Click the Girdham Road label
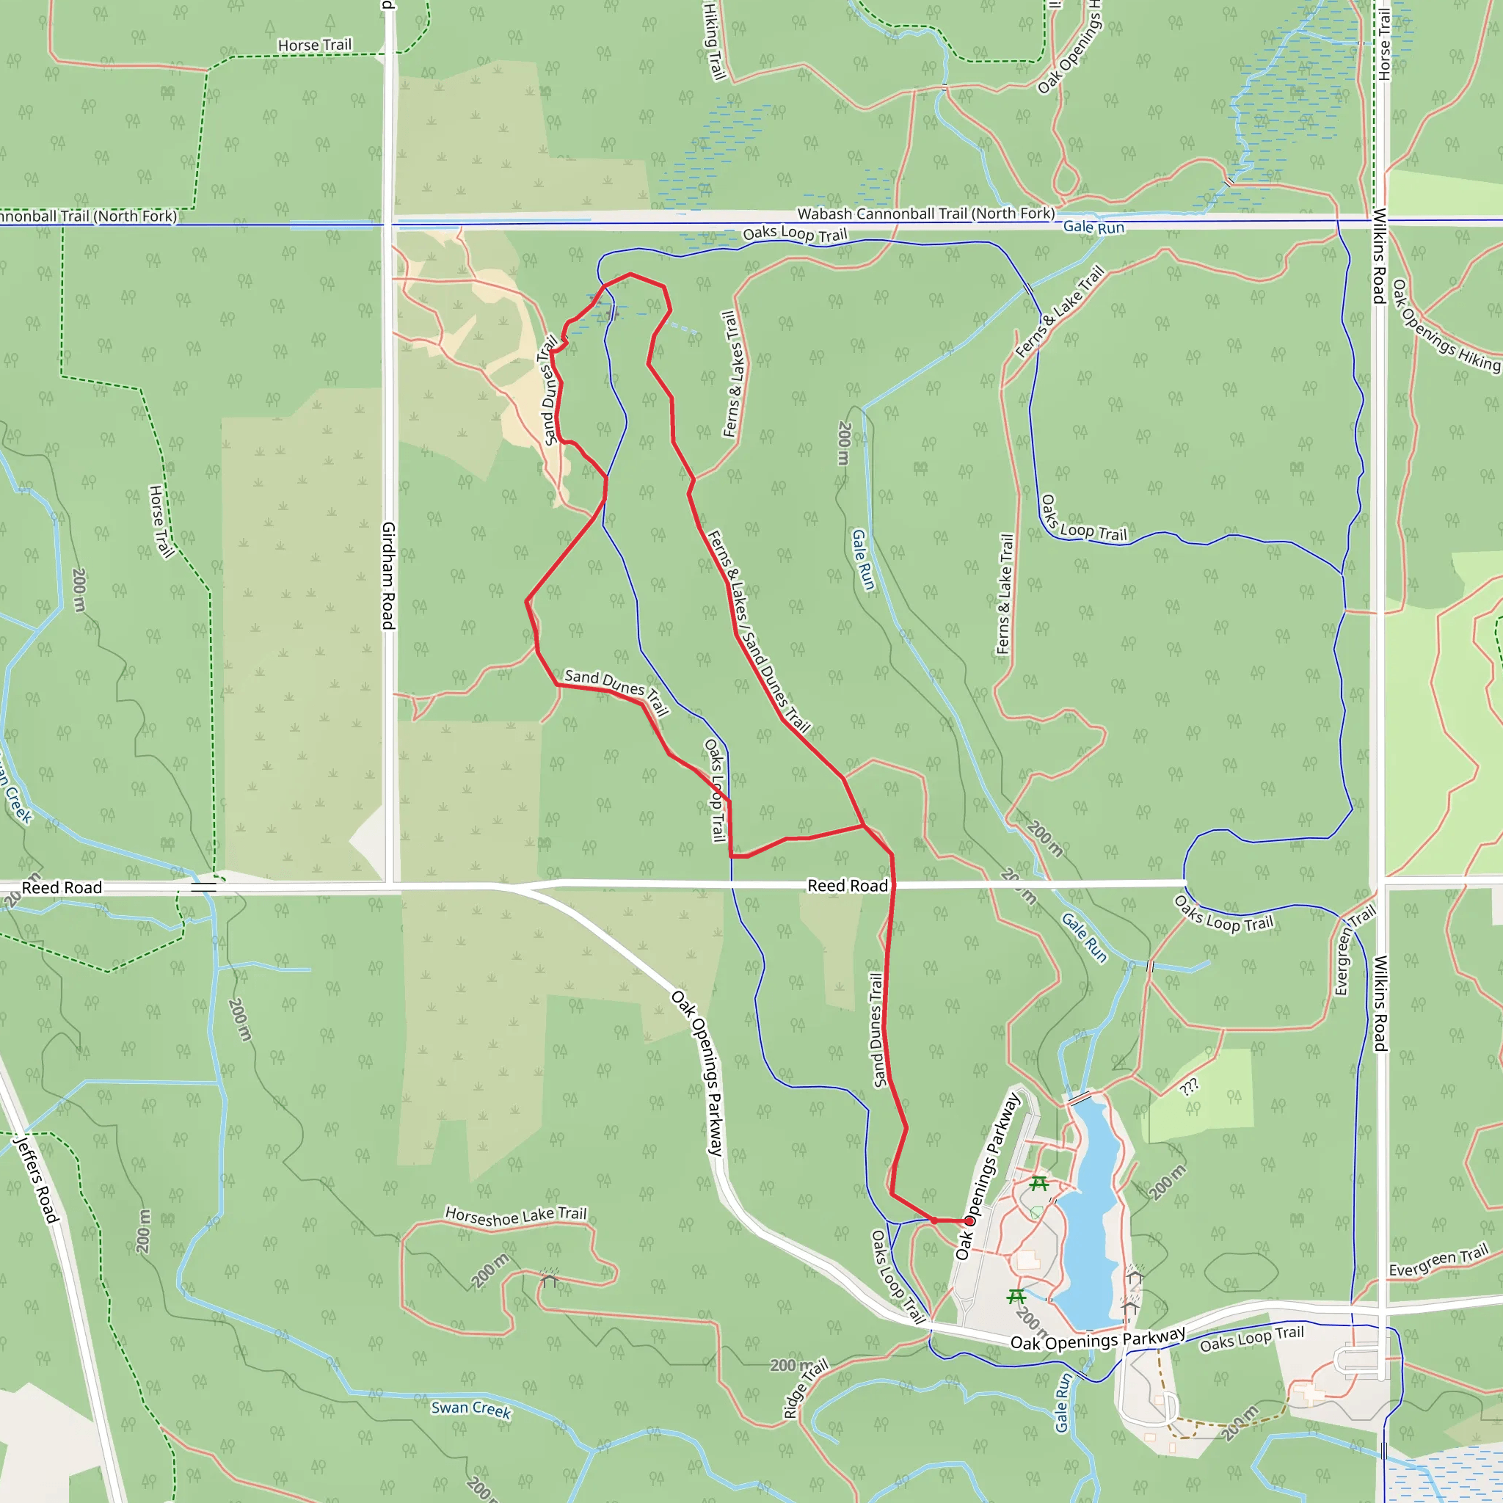(x=388, y=575)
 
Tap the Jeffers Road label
(x=37, y=1179)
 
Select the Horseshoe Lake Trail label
(x=516, y=1216)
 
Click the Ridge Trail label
(x=806, y=1389)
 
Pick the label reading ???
(x=1189, y=1087)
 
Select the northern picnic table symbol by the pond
(x=1038, y=1184)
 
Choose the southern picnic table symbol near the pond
(x=1016, y=1296)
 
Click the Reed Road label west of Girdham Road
(x=62, y=888)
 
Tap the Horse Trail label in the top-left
(x=315, y=45)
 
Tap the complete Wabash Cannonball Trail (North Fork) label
(x=925, y=213)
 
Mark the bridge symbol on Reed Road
(x=204, y=886)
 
